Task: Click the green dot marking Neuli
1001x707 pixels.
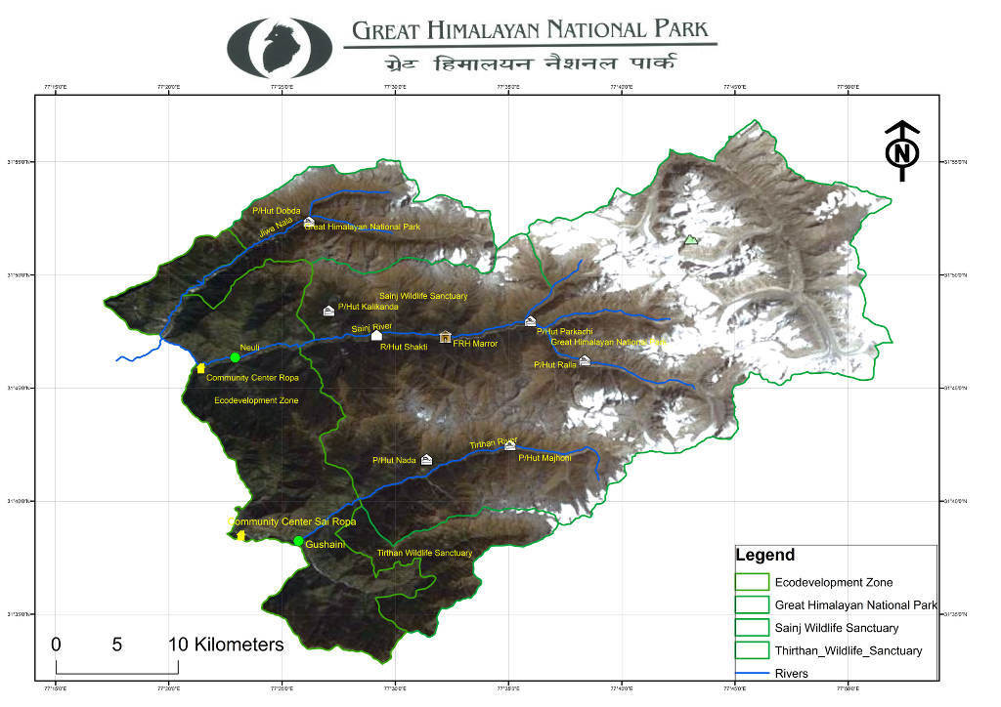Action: (235, 357)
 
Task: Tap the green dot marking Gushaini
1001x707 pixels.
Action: (298, 541)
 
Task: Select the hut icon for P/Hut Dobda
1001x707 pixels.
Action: (309, 223)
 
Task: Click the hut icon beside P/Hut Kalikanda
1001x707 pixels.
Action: (328, 311)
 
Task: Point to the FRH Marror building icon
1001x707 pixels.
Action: (445, 337)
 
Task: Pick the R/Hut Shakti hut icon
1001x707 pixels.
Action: (376, 336)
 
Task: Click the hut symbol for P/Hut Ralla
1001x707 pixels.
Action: (585, 360)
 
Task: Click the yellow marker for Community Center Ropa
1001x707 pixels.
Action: (200, 368)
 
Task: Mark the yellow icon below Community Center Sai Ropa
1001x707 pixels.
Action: (240, 535)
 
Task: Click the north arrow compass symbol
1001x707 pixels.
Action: (903, 151)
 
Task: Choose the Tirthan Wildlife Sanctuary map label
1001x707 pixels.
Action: (424, 554)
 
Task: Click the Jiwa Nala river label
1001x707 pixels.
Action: (276, 229)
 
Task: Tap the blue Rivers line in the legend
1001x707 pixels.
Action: (753, 673)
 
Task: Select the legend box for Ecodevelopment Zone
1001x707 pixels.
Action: (753, 583)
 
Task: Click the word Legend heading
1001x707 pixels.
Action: (764, 556)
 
